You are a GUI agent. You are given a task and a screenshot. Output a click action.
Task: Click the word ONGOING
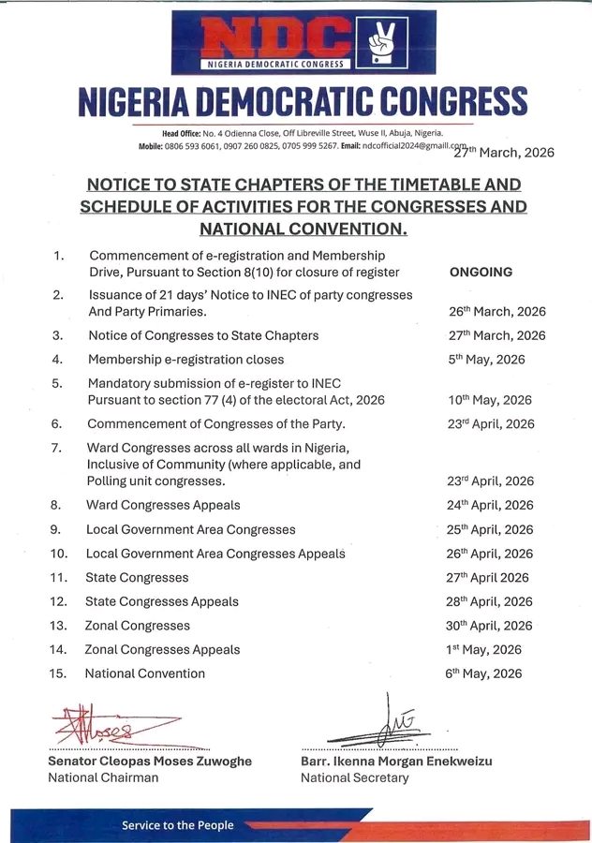(x=481, y=273)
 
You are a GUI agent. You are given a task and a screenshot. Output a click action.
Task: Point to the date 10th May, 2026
(x=491, y=400)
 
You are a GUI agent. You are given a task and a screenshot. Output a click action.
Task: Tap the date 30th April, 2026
(x=490, y=626)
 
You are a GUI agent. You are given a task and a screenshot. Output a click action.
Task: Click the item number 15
(x=58, y=673)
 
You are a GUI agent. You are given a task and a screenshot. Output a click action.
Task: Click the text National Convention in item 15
(x=144, y=673)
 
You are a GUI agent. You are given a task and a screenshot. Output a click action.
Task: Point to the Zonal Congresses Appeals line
(x=162, y=649)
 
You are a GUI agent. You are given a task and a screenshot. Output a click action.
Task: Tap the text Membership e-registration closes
(x=185, y=360)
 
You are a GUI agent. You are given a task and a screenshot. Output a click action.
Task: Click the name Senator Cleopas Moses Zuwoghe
(x=149, y=762)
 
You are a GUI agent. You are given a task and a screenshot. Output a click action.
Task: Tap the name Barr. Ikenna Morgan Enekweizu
(x=396, y=762)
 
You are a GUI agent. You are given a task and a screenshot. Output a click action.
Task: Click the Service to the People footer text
(x=177, y=825)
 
